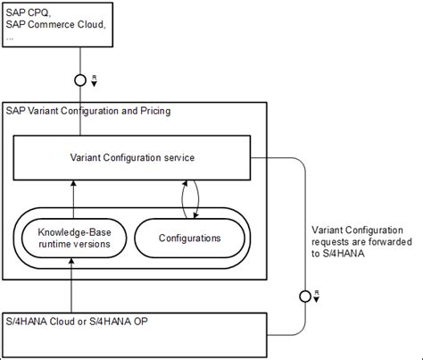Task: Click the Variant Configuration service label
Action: coord(132,157)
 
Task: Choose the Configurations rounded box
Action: coord(189,239)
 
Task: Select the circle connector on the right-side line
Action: coord(306,294)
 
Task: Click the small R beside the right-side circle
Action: coord(319,293)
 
